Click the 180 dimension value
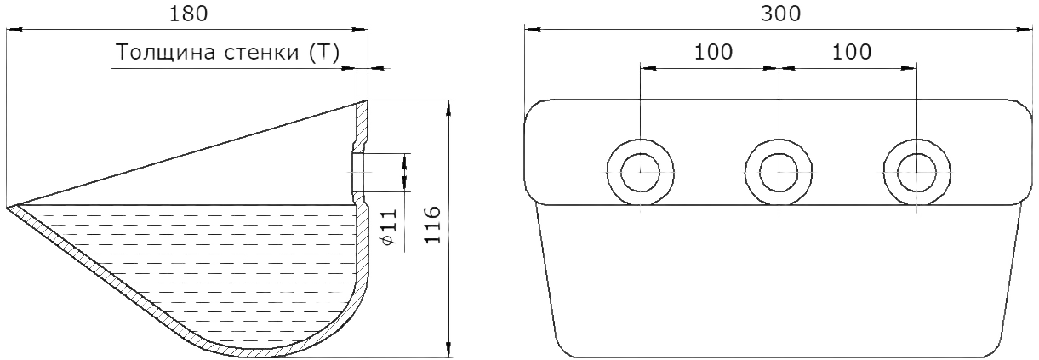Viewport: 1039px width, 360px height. coord(188,14)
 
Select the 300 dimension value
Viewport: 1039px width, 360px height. coord(780,14)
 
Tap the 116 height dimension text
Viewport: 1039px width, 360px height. coord(431,225)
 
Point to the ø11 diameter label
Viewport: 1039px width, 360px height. coord(389,226)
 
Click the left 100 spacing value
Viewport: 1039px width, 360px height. coord(713,52)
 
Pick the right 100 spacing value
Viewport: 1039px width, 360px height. coord(852,52)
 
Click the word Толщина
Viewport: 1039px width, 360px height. coord(166,53)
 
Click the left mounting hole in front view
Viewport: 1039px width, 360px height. coord(641,172)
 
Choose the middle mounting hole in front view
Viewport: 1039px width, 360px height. coord(779,172)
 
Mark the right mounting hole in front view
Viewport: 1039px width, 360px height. coord(916,172)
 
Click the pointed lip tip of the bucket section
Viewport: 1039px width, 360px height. coord(8,208)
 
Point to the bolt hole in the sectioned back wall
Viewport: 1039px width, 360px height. coord(358,172)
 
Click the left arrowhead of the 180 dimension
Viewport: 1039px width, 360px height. coord(14,30)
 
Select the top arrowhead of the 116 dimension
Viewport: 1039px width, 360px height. coord(448,108)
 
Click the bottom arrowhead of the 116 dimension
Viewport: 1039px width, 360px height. coord(448,350)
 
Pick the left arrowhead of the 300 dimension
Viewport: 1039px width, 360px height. coord(533,30)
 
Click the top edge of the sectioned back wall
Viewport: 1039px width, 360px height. coord(363,101)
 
